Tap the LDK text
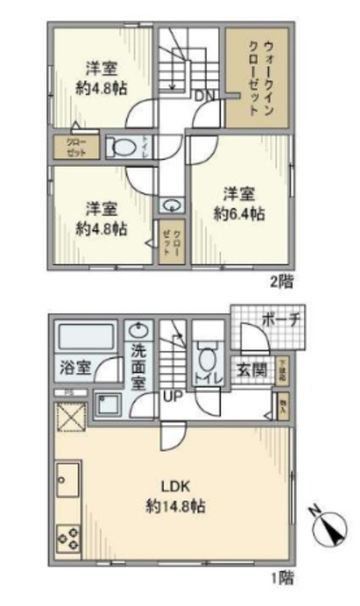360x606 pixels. (x=171, y=488)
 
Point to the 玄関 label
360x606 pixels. (x=250, y=369)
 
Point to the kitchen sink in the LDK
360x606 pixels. (x=66, y=483)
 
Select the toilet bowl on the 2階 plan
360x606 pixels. (x=120, y=148)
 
